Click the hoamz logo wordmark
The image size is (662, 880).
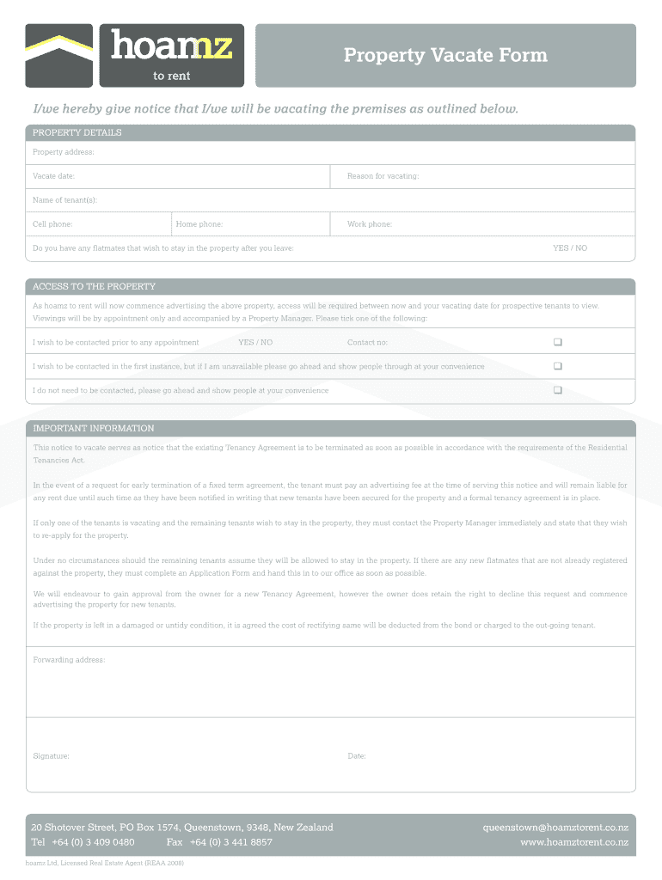[x=171, y=47]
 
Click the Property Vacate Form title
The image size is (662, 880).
[x=445, y=56]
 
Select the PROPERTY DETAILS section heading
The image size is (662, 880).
[x=77, y=133]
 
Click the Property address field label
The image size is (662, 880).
[x=63, y=153]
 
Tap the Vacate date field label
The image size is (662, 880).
[x=53, y=176]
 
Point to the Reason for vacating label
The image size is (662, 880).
[x=383, y=176]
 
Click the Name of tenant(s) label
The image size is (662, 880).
[x=64, y=200]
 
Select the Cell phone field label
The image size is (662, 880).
[x=52, y=224]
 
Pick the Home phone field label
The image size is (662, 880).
[x=199, y=224]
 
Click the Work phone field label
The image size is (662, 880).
[x=370, y=224]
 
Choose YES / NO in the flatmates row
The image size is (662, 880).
[x=570, y=248]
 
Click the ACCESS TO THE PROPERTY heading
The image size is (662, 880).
[x=94, y=287]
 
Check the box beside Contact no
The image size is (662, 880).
[x=558, y=342]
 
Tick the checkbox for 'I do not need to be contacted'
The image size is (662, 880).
[x=558, y=390]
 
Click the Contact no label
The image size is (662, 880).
[x=367, y=343]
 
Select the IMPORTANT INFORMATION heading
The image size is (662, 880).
[x=94, y=428]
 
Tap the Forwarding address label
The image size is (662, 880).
[x=69, y=660]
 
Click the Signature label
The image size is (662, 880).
[x=51, y=756]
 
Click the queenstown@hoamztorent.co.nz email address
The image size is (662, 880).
[x=555, y=828]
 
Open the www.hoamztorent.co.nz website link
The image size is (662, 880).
[x=574, y=842]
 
